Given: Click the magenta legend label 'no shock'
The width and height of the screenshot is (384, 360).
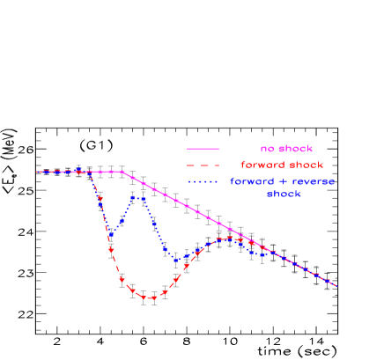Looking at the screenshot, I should (x=286, y=149).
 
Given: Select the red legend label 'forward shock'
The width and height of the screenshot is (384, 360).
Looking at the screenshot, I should (x=282, y=165).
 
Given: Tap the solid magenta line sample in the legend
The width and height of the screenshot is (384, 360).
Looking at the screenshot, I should (x=203, y=149).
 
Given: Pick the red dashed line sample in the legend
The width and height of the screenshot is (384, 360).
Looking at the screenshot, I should (x=203, y=165).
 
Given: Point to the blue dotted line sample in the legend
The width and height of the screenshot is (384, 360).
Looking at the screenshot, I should (x=203, y=181).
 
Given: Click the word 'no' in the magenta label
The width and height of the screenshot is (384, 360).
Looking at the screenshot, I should (x=265, y=149).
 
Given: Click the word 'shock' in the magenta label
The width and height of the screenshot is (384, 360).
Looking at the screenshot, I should (x=295, y=149).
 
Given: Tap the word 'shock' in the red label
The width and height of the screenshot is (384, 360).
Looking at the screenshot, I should (x=306, y=165).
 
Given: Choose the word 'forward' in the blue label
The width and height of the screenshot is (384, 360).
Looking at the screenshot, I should (x=252, y=181).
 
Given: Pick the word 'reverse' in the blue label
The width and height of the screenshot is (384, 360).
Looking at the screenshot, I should (x=314, y=181).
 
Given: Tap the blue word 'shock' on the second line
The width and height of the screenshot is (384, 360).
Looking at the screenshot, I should (x=284, y=194).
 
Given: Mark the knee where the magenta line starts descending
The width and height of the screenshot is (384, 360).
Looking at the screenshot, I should (x=122, y=172).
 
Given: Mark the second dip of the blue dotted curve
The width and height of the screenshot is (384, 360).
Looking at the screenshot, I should (x=176, y=260).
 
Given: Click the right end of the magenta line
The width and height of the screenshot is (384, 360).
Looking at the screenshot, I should (x=336, y=286).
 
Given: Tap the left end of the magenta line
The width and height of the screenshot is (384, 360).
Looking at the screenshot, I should (x=37, y=172).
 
